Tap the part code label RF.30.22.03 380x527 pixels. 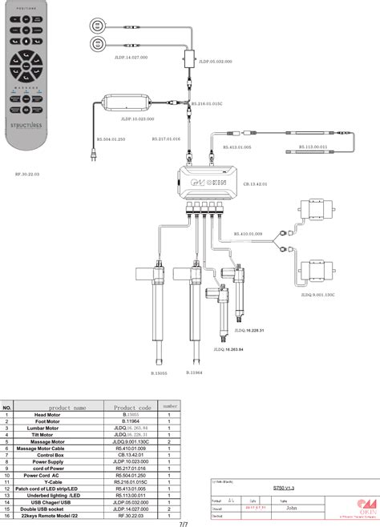[27, 172]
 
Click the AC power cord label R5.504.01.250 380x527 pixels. [112, 139]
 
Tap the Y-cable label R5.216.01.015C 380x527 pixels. [208, 103]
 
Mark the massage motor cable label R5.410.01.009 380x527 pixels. [249, 234]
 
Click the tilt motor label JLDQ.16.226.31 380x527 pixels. [249, 330]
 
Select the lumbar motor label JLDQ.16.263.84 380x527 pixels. [228, 348]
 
